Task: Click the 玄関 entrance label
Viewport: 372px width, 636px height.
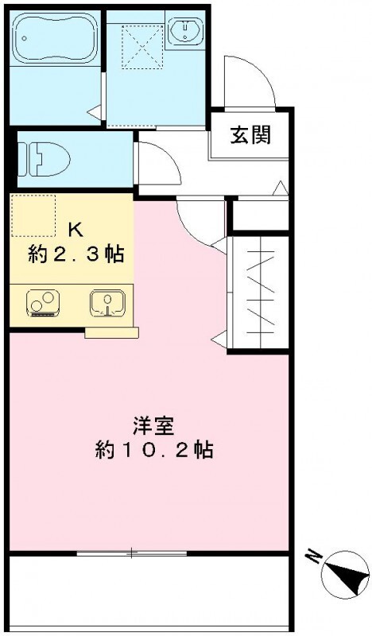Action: tap(250, 135)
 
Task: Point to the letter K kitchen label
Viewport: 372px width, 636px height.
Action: tap(75, 230)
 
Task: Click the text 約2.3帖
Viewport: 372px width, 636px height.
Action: tap(75, 255)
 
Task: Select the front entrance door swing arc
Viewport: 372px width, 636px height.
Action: tap(248, 83)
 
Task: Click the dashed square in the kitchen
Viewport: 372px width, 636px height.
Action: tap(34, 215)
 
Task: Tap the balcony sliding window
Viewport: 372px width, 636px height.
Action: tap(132, 552)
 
